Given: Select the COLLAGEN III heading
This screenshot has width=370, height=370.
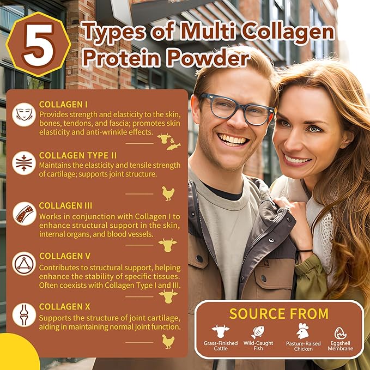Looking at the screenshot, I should [x=65, y=205].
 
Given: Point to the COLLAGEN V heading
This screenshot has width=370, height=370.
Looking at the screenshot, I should [x=65, y=256].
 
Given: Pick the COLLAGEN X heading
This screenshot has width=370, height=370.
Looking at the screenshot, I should [x=64, y=306].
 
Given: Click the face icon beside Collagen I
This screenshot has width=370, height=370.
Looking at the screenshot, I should [x=24, y=114].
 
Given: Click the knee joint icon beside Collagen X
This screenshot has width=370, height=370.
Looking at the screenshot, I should [x=24, y=314].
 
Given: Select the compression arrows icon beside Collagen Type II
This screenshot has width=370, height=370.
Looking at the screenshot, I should [x=24, y=163].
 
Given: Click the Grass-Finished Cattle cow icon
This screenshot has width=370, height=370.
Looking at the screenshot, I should [x=221, y=331].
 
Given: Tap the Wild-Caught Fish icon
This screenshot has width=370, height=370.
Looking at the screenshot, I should [x=258, y=331].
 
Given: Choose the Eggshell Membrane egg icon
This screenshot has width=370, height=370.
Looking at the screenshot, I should [x=340, y=332].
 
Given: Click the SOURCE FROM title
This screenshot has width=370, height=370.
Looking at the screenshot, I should [x=278, y=313].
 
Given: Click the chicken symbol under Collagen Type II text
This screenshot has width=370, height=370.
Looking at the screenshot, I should [x=167, y=193].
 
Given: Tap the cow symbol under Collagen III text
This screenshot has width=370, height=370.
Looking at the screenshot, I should [x=167, y=244].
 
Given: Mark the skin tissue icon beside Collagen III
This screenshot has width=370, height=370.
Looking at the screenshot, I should [x=24, y=214].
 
